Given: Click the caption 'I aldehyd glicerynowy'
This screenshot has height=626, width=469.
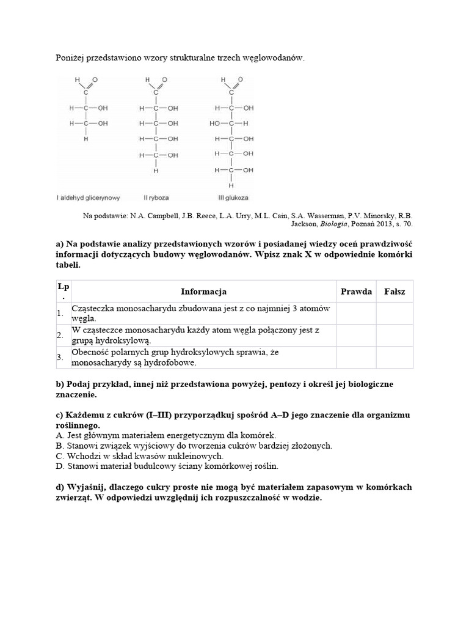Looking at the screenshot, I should point(89,198).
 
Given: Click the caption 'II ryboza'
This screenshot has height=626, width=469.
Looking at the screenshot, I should point(158,198).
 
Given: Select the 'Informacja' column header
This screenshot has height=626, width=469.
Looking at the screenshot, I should point(203,292).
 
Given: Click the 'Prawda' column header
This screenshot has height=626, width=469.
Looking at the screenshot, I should point(356,292).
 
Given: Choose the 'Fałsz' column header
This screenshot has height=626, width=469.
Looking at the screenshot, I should point(394,292).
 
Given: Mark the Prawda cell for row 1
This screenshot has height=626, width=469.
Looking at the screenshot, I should point(356,313).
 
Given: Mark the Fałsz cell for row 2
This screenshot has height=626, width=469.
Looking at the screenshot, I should point(394,335).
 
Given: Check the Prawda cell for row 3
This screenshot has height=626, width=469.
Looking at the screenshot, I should point(356,358).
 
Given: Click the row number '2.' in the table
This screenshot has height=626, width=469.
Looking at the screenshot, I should point(60,336).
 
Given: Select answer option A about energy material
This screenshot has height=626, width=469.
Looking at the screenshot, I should point(165,435).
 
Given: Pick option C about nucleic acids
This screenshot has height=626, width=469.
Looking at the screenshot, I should point(139,456).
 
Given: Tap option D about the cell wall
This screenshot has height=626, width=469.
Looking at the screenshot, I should point(167,466).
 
